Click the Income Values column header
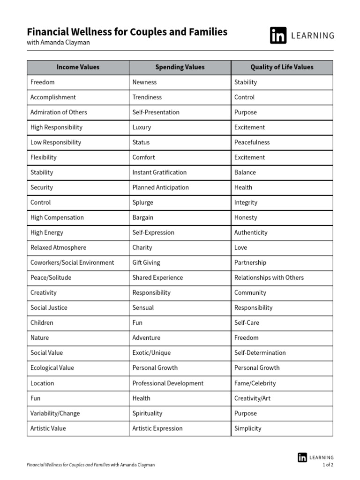pyautogui.click(x=78, y=67)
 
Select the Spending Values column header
pyautogui.click(x=180, y=67)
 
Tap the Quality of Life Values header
pyautogui.click(x=282, y=67)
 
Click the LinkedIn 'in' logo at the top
pyautogui.click(x=278, y=36)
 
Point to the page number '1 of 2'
pyautogui.click(x=328, y=465)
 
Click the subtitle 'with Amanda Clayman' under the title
pyautogui.click(x=58, y=43)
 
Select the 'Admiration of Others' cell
pyautogui.click(x=59, y=112)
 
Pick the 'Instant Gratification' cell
pyautogui.click(x=159, y=172)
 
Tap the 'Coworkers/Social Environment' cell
pyautogui.click(x=72, y=262)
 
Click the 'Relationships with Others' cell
pyautogui.click(x=269, y=277)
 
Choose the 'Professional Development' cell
pyautogui.click(x=168, y=383)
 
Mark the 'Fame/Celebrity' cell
pyautogui.click(x=255, y=383)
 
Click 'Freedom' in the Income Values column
pyautogui.click(x=43, y=82)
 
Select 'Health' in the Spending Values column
pyautogui.click(x=142, y=398)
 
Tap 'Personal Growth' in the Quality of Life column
pyautogui.click(x=257, y=368)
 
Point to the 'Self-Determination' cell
pyautogui.click(x=260, y=353)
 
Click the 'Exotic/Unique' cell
pyautogui.click(x=151, y=353)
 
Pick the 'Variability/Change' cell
pyautogui.click(x=55, y=413)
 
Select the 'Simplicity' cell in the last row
pyautogui.click(x=248, y=428)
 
